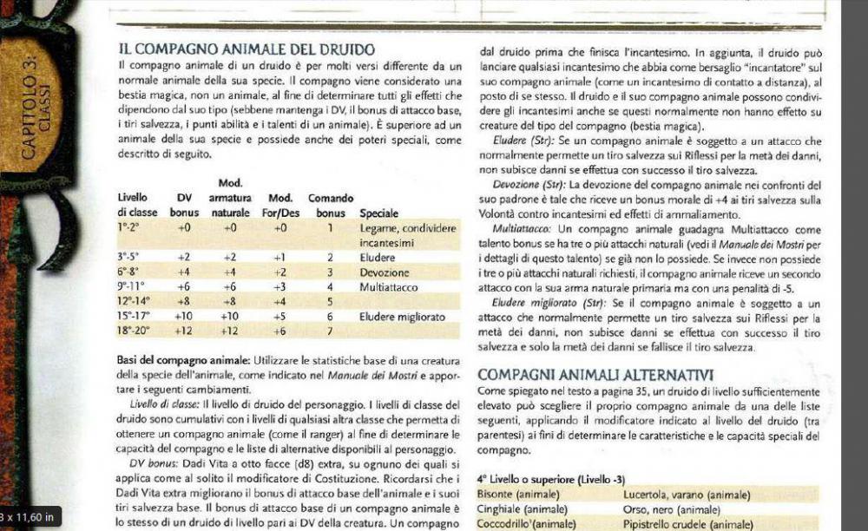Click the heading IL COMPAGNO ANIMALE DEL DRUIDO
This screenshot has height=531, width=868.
point(247,49)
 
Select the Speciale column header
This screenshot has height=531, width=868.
point(378,213)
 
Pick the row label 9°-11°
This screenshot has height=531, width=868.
point(134,287)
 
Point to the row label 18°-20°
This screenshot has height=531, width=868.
point(134,331)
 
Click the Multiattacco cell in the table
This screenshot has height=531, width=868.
point(389,287)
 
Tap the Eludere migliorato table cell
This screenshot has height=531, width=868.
point(402,317)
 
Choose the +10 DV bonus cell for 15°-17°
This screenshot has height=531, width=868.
point(183,317)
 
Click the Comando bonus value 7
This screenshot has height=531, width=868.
point(330,331)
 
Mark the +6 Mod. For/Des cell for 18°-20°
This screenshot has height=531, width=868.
point(279,331)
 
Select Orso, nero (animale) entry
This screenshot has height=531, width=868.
point(672,509)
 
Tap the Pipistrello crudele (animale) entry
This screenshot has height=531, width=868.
point(685,524)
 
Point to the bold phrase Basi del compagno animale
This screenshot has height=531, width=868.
point(184,360)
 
